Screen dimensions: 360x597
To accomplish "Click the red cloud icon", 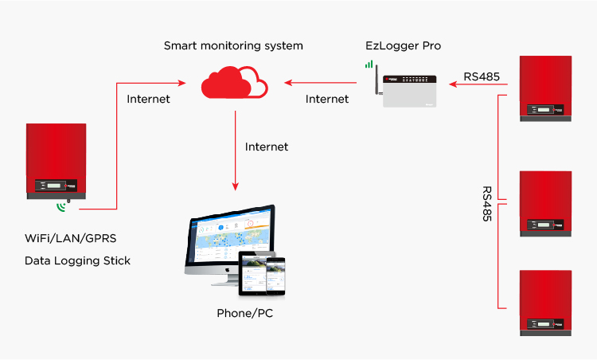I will (235, 82).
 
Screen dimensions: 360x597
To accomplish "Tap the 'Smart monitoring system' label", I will (233, 45).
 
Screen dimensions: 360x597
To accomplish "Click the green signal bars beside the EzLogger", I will (369, 61).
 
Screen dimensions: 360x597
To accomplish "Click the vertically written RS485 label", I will (486, 204).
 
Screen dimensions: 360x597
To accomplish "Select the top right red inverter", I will (545, 88).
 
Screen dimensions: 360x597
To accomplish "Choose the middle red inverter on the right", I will (545, 202).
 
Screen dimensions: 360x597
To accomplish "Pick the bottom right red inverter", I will (545, 303).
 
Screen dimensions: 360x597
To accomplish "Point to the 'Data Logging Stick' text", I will (77, 260).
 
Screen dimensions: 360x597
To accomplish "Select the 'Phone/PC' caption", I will (244, 313).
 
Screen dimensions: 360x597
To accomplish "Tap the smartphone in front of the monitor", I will (275, 275).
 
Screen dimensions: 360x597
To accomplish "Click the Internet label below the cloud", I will (267, 147).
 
